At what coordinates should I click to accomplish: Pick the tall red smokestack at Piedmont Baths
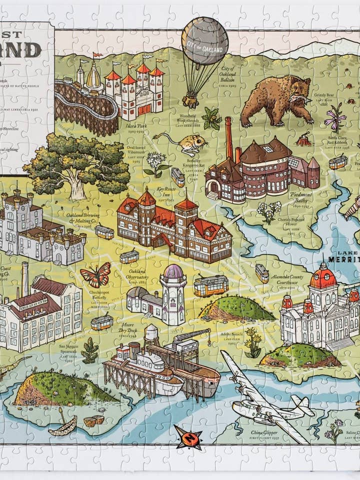click(229, 137)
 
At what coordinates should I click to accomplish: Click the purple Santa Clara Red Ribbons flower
click(335, 117)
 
